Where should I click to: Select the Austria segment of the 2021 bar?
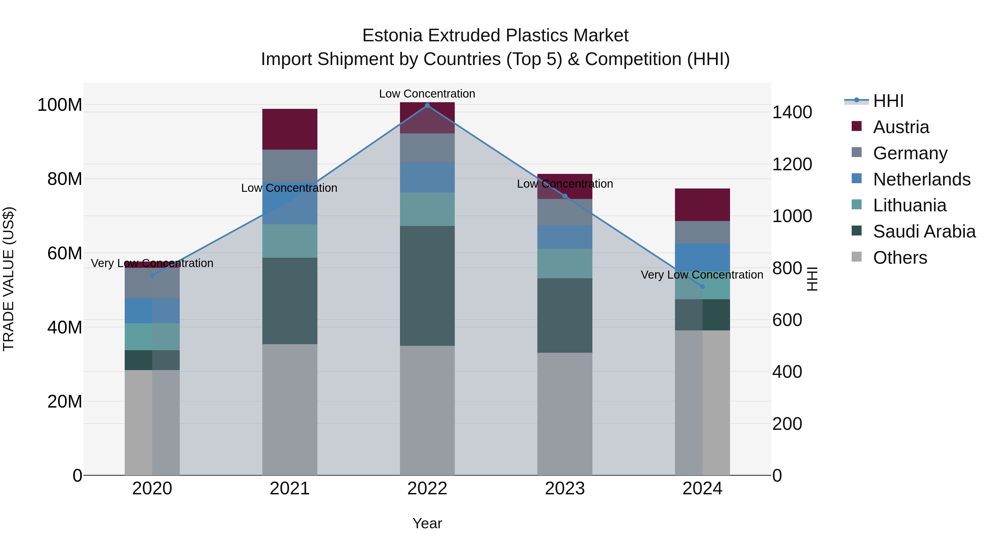290,129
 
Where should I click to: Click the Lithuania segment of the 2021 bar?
290,241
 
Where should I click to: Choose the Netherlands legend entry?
921,179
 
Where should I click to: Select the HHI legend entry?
888,101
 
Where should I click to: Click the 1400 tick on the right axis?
792,112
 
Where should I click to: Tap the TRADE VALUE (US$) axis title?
9,279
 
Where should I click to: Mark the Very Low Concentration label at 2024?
702,274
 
